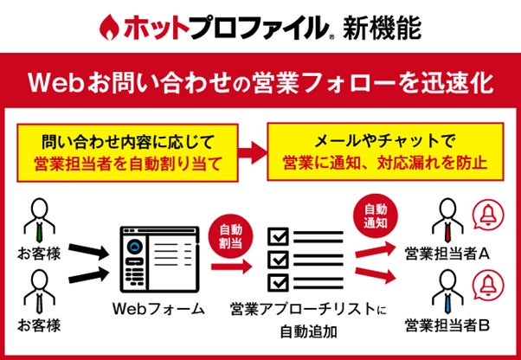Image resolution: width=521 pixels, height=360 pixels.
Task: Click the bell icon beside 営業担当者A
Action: click(487, 217)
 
